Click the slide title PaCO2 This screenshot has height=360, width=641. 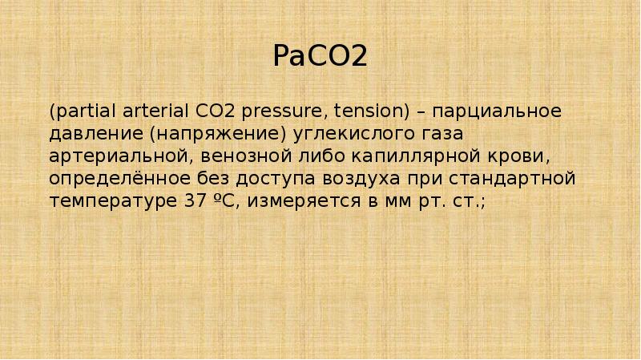click(x=320, y=57)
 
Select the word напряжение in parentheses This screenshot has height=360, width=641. click(x=212, y=131)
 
